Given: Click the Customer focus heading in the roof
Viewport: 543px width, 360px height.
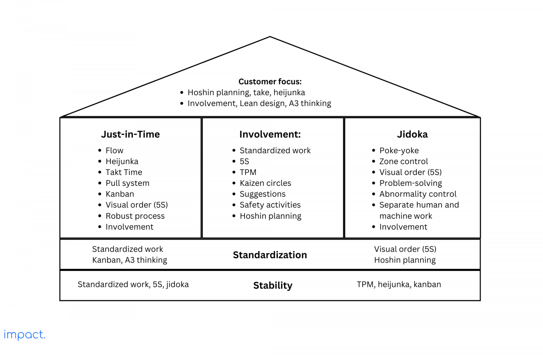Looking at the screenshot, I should tap(270, 82).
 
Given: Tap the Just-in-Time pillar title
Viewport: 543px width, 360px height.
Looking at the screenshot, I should tap(130, 134).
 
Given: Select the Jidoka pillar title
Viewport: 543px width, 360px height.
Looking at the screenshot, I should tap(412, 134).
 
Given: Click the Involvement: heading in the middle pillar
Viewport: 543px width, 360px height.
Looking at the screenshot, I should tap(270, 134).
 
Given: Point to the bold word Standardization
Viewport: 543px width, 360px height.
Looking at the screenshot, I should tap(270, 255).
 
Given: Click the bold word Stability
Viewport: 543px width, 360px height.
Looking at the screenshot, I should tap(273, 285).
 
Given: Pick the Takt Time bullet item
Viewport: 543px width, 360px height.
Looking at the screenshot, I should tap(124, 172).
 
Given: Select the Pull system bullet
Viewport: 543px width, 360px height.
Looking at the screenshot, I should tap(127, 183).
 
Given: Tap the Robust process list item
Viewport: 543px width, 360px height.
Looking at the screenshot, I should tap(135, 216).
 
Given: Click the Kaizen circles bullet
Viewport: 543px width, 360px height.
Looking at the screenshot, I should tap(265, 183).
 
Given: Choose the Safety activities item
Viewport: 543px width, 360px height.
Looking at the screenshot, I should tap(270, 205).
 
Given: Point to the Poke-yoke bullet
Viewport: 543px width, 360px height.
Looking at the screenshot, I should tap(399, 151).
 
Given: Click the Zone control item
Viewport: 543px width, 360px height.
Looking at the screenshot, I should tap(403, 161).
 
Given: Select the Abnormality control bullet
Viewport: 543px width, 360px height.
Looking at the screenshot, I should tap(418, 194).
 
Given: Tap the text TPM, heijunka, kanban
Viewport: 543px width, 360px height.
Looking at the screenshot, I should tap(399, 284).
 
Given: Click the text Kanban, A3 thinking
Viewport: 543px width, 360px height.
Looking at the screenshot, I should tap(129, 260).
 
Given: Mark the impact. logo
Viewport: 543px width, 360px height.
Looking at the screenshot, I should tap(24, 335).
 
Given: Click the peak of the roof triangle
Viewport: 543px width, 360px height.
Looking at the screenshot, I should tap(270, 37).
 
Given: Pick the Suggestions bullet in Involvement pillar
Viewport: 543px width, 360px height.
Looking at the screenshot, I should tap(262, 194).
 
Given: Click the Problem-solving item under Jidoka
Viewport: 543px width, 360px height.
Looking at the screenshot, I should tap(410, 183).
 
